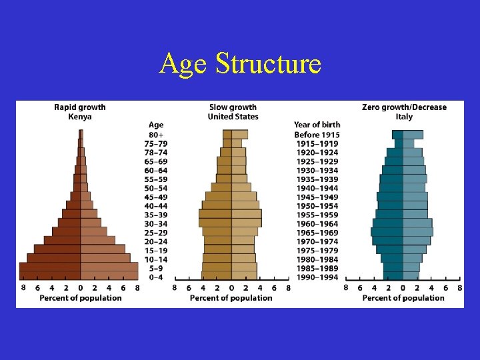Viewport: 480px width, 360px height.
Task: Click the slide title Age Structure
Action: tap(240, 64)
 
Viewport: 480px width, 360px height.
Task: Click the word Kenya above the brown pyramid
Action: tap(80, 117)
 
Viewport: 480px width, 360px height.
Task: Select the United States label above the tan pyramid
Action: tap(233, 117)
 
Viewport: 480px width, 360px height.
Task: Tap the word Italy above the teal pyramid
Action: tap(404, 117)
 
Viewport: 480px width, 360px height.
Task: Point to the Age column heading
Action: tap(156, 125)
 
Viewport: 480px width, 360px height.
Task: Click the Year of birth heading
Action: tap(317, 125)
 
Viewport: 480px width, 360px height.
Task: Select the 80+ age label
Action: tap(156, 135)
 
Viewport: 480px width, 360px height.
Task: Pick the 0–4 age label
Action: tap(156, 277)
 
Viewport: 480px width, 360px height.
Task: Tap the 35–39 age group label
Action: tap(156, 215)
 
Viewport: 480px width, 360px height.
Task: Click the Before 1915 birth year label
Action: tap(317, 135)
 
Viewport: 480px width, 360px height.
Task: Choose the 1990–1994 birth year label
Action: tap(317, 277)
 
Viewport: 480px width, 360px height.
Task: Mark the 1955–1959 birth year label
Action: tap(317, 215)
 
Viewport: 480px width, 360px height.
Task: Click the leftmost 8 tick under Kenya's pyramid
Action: tap(23, 288)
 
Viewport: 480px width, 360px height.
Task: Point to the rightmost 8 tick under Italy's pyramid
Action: tap(460, 288)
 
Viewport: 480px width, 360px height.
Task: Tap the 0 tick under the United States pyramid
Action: tap(231, 288)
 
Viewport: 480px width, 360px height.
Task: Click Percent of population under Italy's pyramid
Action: tap(403, 298)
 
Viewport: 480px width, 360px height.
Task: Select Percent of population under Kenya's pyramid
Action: tap(81, 298)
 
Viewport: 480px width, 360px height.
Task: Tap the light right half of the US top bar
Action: tap(239, 134)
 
